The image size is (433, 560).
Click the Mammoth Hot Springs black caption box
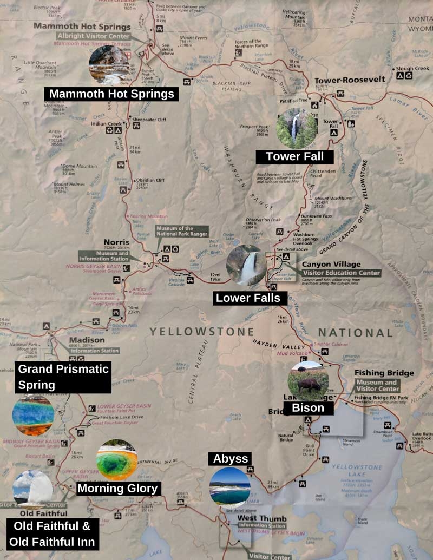coord(111,94)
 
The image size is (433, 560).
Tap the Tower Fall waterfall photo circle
coord(297,129)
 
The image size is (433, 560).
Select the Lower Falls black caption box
coord(248,298)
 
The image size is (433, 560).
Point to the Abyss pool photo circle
coord(230,486)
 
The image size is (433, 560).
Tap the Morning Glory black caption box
coord(117,489)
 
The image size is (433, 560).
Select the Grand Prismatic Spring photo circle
coord(34,416)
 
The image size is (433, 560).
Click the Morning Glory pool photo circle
coord(117,460)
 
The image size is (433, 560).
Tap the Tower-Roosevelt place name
coord(350,79)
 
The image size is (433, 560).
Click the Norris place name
coord(117,242)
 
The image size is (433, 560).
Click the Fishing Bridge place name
coord(384,373)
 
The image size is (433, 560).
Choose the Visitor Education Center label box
coord(341,273)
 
